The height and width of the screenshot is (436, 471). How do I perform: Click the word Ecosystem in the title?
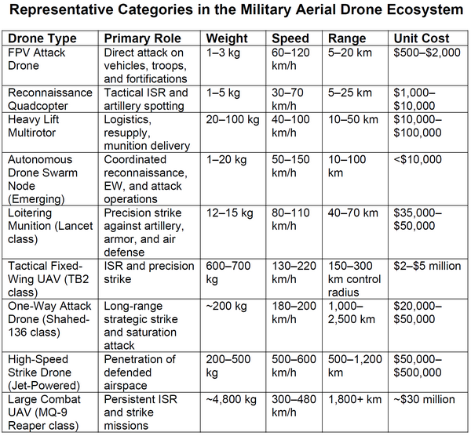pos(424,9)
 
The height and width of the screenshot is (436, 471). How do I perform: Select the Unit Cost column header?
pos(421,38)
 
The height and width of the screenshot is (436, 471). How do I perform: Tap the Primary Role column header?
pos(142,38)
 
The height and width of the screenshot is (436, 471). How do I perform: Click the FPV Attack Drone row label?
pos(36,59)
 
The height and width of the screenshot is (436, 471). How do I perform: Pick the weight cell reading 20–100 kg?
pos(232,119)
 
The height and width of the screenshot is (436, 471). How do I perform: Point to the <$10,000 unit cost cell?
pos(418,159)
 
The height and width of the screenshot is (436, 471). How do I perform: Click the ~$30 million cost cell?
pos(424,399)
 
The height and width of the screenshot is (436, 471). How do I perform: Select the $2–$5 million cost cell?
pos(427,266)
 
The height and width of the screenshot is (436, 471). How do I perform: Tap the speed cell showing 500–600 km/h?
pos(294,365)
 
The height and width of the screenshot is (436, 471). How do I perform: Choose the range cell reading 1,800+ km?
pos(355,399)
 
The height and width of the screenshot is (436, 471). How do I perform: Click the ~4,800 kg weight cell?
pos(232,399)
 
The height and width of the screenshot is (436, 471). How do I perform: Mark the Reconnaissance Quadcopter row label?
pos(50,100)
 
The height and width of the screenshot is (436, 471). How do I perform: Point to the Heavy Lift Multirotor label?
pos(33,126)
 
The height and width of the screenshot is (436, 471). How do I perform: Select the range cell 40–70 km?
pos(353,213)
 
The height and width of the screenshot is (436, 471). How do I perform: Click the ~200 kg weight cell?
pos(226,306)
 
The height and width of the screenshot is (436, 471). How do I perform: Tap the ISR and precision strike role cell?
pos(149,272)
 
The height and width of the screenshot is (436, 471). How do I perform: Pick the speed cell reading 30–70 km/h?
pos(287,100)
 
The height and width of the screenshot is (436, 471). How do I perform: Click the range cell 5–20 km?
pos(350,53)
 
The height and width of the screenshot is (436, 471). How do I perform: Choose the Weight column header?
pos(227,38)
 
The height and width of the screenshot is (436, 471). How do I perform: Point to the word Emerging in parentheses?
pos(36,199)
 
